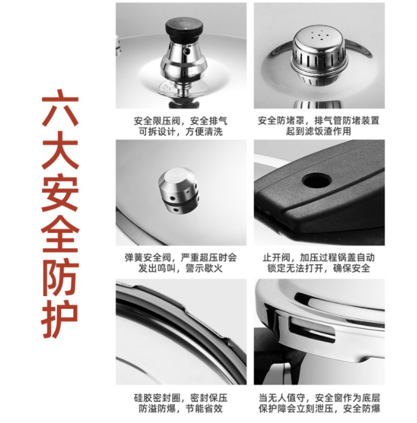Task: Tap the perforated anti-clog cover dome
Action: coord(319,55)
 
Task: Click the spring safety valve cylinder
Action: coord(179,192)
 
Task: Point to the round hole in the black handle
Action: coord(316,180)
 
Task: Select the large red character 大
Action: coord(61,151)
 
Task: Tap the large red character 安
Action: coord(61,192)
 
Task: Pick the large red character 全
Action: coord(61,234)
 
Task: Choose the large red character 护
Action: coord(61,319)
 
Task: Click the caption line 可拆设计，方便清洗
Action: coord(180,131)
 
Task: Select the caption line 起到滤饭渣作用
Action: coord(319,131)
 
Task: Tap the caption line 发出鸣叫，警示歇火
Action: coord(180,269)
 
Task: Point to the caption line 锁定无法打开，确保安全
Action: coord(319,269)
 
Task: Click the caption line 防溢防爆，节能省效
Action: coord(180,408)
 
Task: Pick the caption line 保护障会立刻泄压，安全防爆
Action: coord(319,408)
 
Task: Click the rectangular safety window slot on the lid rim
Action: coord(312,329)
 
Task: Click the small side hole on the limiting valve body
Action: coord(186,50)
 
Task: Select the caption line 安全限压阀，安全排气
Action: coord(180,121)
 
